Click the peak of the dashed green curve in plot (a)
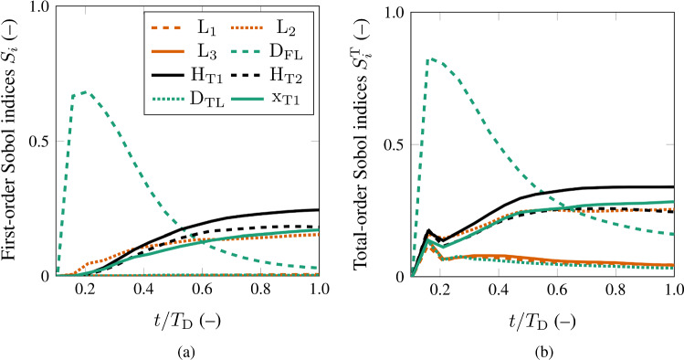coord(84,91)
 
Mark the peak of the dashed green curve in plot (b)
coord(431,58)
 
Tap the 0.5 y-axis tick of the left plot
coord(39,142)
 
